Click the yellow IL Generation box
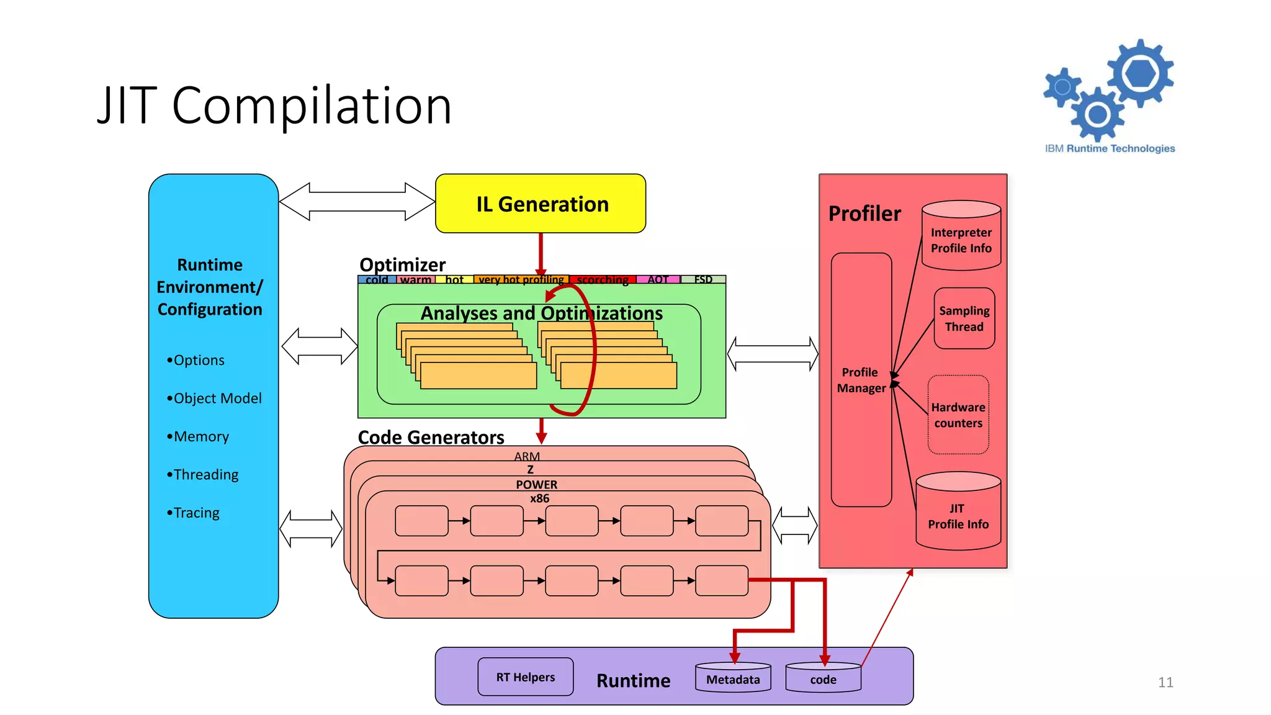pyautogui.click(x=541, y=204)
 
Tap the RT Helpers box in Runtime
pyautogui.click(x=525, y=677)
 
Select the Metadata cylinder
pyautogui.click(x=733, y=678)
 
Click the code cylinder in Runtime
pyautogui.click(x=823, y=678)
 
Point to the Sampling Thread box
pyautogui.click(x=964, y=318)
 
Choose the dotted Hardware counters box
pyautogui.click(x=958, y=415)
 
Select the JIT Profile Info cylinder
pyautogui.click(x=958, y=515)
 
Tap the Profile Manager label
pyautogui.click(x=861, y=380)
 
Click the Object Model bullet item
pyautogui.click(x=214, y=398)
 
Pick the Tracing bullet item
pyautogui.click(x=193, y=513)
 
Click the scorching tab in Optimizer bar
pyautogui.click(x=602, y=279)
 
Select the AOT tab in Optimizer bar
pyautogui.click(x=658, y=279)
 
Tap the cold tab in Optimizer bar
pyautogui.click(x=377, y=279)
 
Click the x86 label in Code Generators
pyautogui.click(x=539, y=498)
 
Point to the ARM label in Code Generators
pyautogui.click(x=527, y=456)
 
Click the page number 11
pyautogui.click(x=1165, y=682)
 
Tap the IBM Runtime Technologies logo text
pyautogui.click(x=1110, y=148)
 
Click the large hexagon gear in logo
pyautogui.click(x=1141, y=73)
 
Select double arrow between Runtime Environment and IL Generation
pyautogui.click(x=357, y=202)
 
